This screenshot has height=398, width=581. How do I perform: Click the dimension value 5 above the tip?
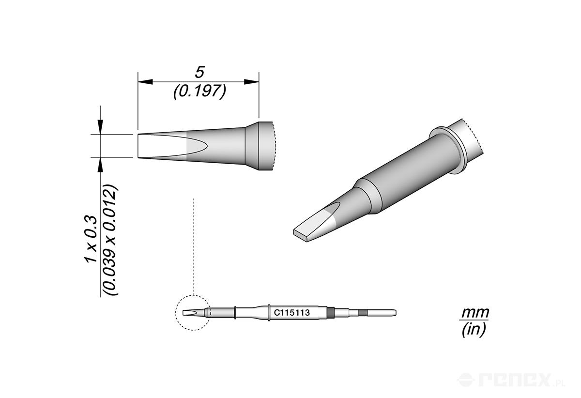[199, 72]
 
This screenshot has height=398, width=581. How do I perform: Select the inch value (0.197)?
[199, 92]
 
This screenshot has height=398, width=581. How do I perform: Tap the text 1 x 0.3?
[91, 238]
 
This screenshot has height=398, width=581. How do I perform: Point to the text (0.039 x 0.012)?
[110, 240]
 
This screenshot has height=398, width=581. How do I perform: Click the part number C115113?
[292, 313]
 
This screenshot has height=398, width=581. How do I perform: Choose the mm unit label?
[474, 313]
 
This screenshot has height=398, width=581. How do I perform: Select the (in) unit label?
[474, 329]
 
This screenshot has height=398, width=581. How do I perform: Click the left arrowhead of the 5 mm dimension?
[145, 82]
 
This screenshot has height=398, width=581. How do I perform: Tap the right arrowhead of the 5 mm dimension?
[252, 82]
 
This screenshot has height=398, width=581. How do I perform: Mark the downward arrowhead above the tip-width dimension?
[100, 127]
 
